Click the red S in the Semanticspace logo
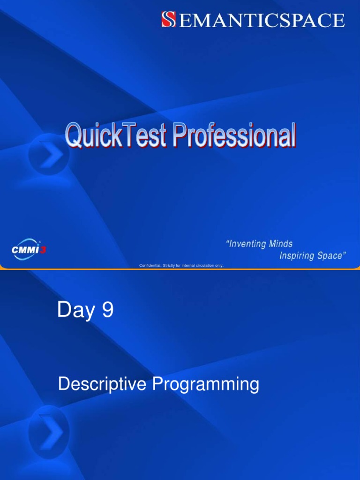(169, 19)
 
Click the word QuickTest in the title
(116, 135)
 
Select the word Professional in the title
(234, 135)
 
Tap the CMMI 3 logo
(29, 249)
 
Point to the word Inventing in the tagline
(246, 244)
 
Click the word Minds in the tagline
(281, 244)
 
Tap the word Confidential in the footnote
(150, 265)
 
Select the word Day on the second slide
(76, 310)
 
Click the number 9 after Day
(108, 309)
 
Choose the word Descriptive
(102, 384)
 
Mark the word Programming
(206, 384)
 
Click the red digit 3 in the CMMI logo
(43, 250)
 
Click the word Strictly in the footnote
(169, 265)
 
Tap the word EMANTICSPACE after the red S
(262, 20)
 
